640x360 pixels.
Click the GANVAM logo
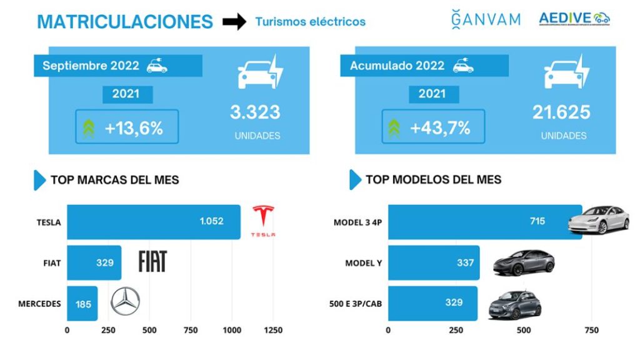tap(486, 19)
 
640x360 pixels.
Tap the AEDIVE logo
tap(574, 19)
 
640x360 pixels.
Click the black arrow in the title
tap(234, 22)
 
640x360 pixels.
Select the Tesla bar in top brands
tap(153, 222)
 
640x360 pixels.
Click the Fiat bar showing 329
tap(94, 263)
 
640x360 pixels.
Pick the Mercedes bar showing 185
tap(82, 304)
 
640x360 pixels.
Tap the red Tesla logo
tap(262, 221)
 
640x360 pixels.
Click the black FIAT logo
tap(152, 261)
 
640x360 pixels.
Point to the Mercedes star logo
tap(125, 301)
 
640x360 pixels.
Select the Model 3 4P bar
tap(484, 222)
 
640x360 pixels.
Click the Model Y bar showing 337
tap(433, 263)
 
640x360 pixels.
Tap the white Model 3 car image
tap(598, 219)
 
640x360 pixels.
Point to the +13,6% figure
tap(134, 128)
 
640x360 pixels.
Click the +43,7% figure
tap(440, 128)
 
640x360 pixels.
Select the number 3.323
tap(255, 112)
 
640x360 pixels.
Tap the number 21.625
tap(561, 112)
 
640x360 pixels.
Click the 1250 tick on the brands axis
tap(273, 331)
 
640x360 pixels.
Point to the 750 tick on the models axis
tap(591, 331)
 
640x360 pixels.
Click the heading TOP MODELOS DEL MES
tap(433, 180)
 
